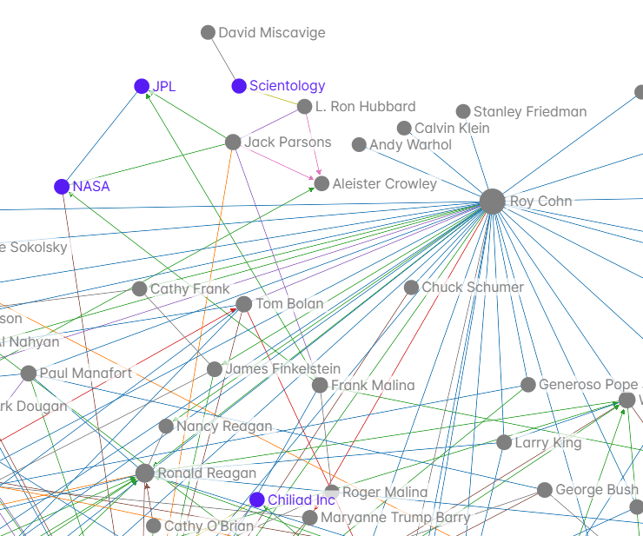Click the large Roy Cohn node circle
point(492,202)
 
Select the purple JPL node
point(142,86)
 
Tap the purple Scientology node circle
point(239,86)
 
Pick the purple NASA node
point(62,187)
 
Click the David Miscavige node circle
point(208,33)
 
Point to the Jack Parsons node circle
point(233,142)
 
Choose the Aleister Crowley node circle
point(321,184)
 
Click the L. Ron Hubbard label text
point(365,107)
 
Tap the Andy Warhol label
point(410,145)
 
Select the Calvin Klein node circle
point(404,129)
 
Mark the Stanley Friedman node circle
point(464,111)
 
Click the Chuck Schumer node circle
point(411,288)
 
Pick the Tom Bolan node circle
point(244,304)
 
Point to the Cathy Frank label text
point(189,289)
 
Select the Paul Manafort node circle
point(29,374)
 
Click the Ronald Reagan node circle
point(145,473)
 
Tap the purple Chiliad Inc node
point(256,500)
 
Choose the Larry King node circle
point(504,443)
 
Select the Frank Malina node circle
point(320,386)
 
